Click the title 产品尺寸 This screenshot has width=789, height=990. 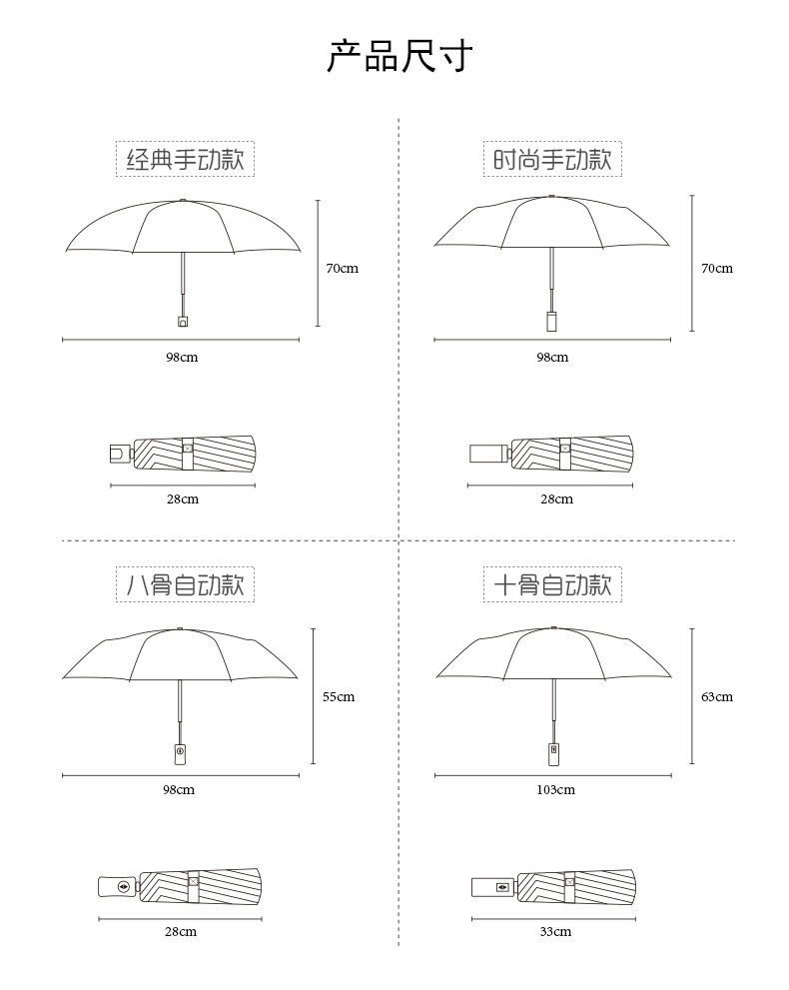tap(398, 56)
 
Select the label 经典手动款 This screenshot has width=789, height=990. tap(185, 159)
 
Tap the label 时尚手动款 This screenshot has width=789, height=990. tap(552, 159)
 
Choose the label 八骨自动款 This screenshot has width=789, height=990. tap(185, 584)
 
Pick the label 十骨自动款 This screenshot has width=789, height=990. tap(552, 584)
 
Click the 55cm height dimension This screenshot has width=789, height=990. tap(339, 697)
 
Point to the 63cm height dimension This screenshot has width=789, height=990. tap(716, 697)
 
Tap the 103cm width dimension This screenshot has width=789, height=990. tap(555, 790)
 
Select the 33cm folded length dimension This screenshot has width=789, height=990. tap(555, 932)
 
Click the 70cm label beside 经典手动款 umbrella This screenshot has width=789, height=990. tap(342, 269)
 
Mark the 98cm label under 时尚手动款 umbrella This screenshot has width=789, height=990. tap(552, 358)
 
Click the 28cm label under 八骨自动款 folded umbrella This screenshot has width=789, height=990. tap(181, 932)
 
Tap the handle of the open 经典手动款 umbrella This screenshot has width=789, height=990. tap(183, 321)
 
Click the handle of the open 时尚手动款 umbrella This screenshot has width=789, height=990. tap(551, 321)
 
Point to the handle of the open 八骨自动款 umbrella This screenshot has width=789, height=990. tap(180, 752)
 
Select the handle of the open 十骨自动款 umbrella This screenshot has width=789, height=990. tap(553, 752)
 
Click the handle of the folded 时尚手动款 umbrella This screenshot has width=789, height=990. tap(487, 454)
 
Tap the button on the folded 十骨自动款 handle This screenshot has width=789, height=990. tap(501, 886)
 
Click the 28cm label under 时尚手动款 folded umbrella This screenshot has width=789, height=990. tap(556, 499)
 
